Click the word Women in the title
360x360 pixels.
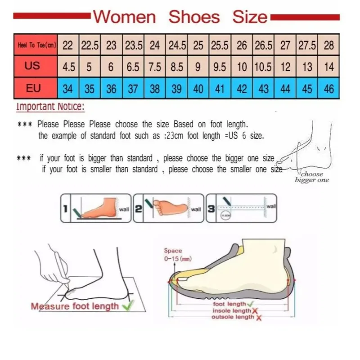[124, 17]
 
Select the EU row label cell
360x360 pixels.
[33, 88]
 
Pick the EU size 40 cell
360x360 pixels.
[198, 89]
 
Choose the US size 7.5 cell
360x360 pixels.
[154, 67]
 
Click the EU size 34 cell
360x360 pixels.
[67, 89]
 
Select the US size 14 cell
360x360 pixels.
[329, 67]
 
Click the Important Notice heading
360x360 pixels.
[50, 107]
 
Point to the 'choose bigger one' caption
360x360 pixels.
[311, 177]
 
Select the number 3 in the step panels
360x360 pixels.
[211, 208]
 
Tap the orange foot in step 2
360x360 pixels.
[169, 207]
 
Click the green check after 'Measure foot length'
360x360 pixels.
[127, 306]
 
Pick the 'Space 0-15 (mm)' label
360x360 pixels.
[173, 254]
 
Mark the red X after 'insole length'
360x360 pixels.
[255, 311]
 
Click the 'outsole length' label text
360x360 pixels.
[233, 317]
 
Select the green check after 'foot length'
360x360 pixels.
[250, 304]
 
